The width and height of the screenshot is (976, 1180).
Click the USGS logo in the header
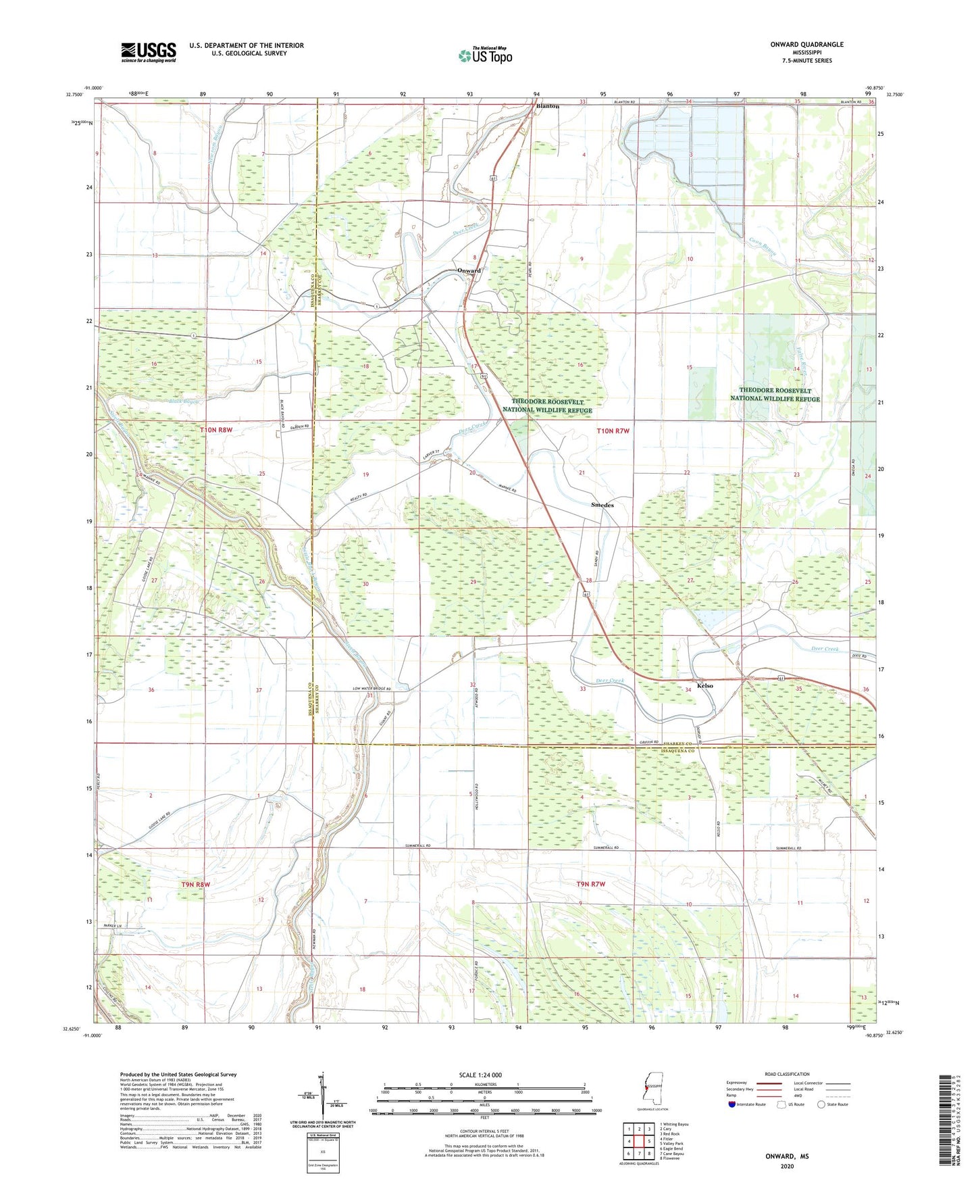[x=148, y=52]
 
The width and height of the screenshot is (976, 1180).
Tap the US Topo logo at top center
[x=485, y=55]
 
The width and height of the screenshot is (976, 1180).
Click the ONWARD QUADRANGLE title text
[x=806, y=45]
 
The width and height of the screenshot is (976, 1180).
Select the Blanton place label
[x=547, y=106]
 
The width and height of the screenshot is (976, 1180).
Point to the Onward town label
[x=469, y=270]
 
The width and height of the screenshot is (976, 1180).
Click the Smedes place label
[x=602, y=505]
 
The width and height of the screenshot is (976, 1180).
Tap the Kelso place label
[x=704, y=685]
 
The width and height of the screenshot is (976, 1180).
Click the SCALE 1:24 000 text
[x=480, y=1075]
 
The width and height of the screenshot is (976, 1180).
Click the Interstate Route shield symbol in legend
[x=733, y=1104]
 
